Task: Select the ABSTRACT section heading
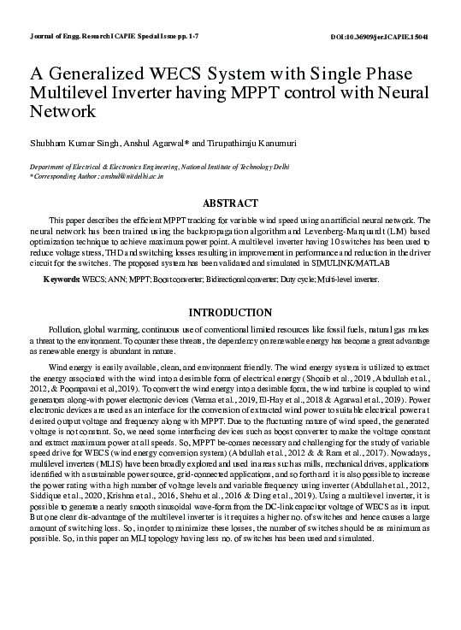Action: point(229,203)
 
